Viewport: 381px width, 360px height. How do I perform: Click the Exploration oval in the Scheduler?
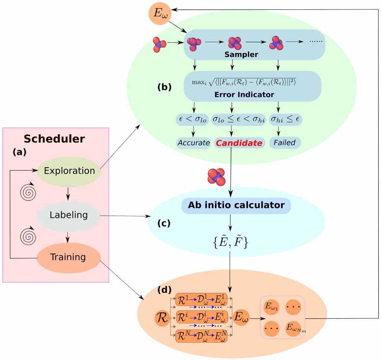pyautogui.click(x=69, y=171)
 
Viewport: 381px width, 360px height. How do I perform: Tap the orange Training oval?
pyautogui.click(x=69, y=257)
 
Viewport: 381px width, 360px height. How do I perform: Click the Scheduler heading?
pyautogui.click(x=54, y=139)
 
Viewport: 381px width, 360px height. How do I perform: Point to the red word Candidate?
pyautogui.click(x=239, y=143)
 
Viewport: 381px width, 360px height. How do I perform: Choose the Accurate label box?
pyautogui.click(x=194, y=143)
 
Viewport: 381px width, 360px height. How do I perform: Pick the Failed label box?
pyautogui.click(x=285, y=142)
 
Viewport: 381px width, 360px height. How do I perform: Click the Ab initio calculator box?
pyautogui.click(x=236, y=205)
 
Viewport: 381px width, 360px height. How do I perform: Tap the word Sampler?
pyautogui.click(x=241, y=54)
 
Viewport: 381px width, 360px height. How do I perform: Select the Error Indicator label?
pyautogui.click(x=244, y=94)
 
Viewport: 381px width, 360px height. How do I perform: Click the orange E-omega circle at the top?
pyautogui.click(x=160, y=13)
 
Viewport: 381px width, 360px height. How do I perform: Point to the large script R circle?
pyautogui.click(x=162, y=318)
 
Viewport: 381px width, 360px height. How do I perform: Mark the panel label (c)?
pyautogui.click(x=164, y=223)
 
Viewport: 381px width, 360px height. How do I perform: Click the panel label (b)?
pyautogui.click(x=165, y=87)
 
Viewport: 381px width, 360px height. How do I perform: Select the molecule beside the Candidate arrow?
pyautogui.click(x=216, y=177)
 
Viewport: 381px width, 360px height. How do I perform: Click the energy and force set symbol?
pyautogui.click(x=230, y=242)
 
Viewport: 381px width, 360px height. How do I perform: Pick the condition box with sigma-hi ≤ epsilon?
pyautogui.click(x=285, y=119)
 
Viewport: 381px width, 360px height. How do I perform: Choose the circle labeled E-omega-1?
pyautogui.click(x=271, y=307)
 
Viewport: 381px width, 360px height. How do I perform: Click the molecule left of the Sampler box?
pyautogui.click(x=159, y=45)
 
